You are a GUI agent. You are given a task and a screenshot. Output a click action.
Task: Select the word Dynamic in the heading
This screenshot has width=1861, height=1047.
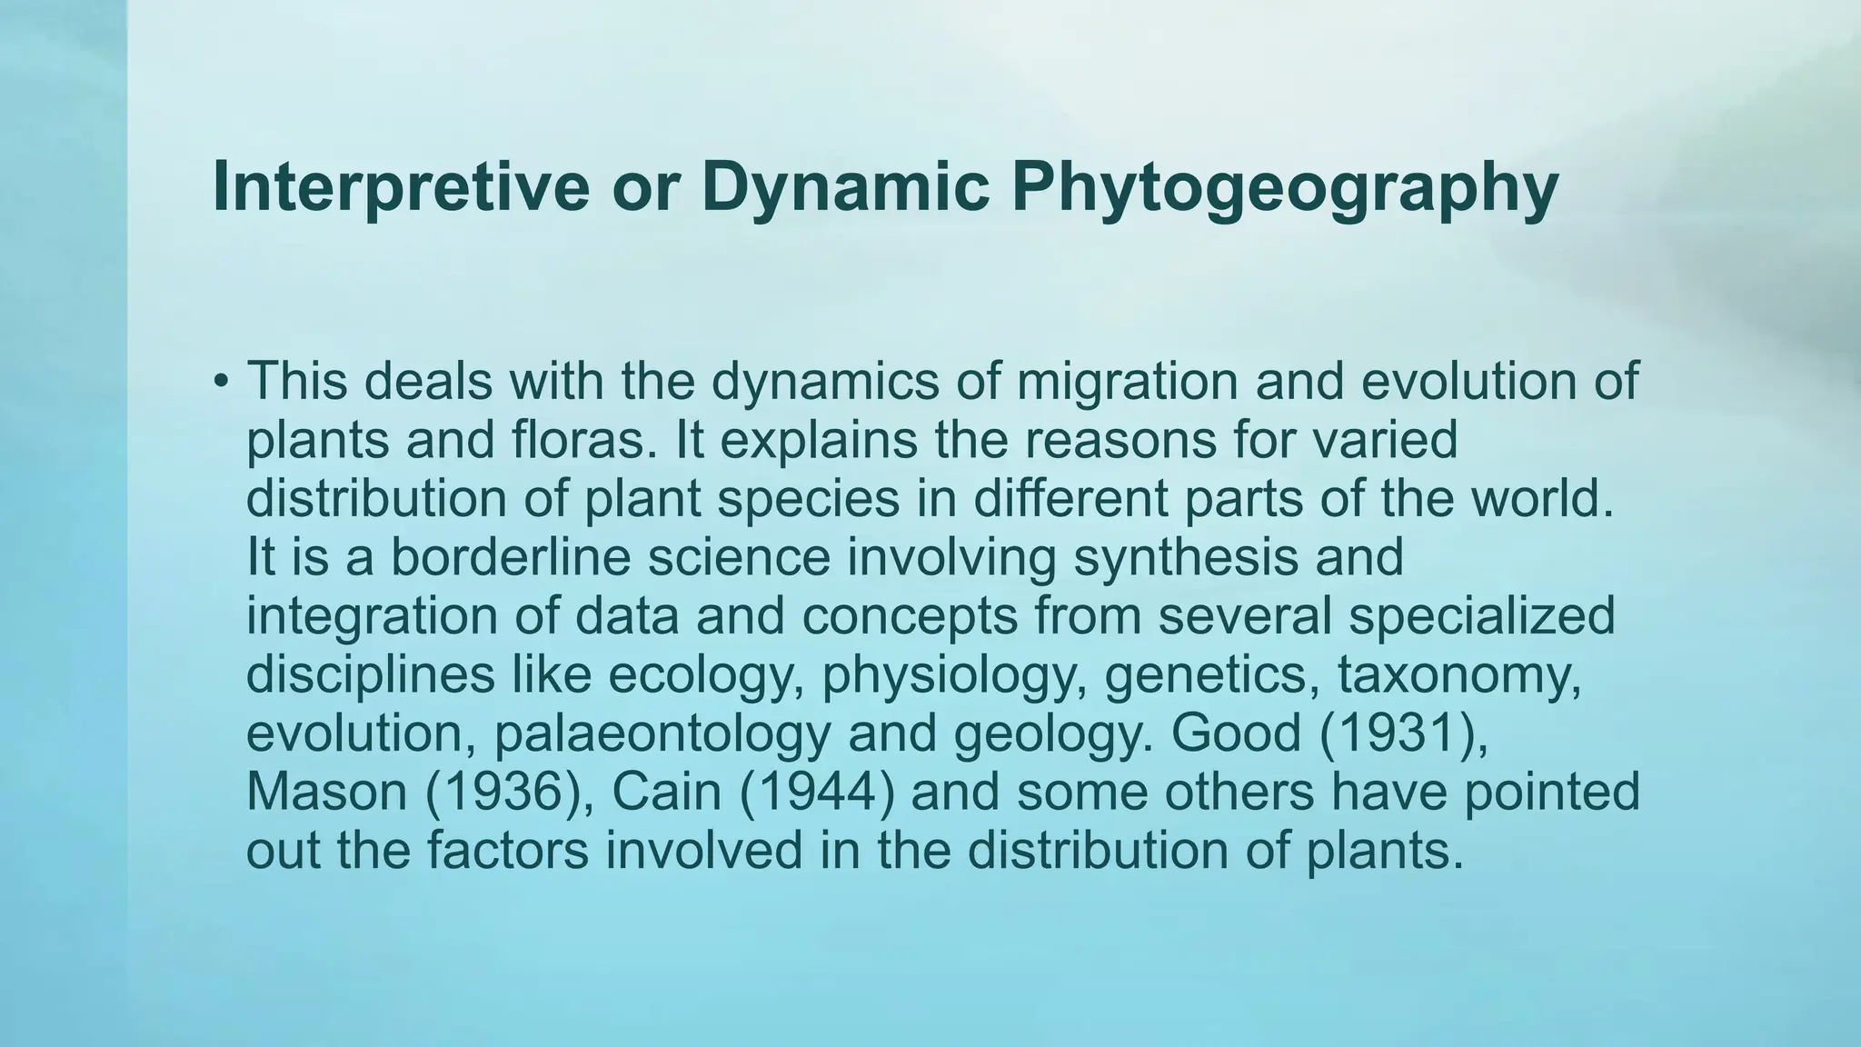point(845,187)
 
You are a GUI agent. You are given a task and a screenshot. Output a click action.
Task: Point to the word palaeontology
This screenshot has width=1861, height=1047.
point(662,734)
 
